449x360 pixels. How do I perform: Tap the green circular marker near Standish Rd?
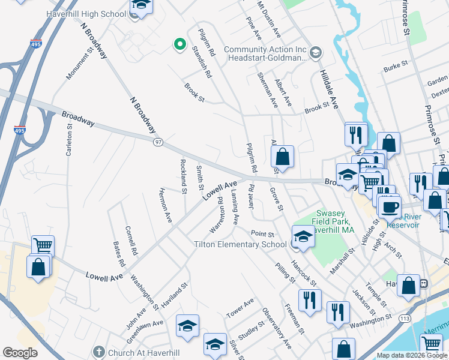tap(179, 44)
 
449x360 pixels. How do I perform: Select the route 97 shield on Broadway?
tap(158, 141)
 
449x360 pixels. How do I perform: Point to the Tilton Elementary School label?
tap(240, 244)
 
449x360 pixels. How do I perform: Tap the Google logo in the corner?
tap(19, 353)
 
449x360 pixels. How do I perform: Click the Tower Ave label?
tap(240, 308)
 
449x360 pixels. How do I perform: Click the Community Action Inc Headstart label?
tap(265, 54)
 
